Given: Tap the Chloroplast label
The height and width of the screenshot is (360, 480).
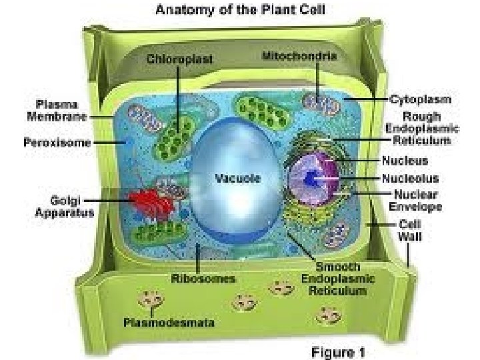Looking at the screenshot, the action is (180, 59).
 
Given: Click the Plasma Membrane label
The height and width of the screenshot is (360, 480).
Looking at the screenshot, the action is (57, 110).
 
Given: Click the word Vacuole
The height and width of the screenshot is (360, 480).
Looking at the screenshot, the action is (237, 178).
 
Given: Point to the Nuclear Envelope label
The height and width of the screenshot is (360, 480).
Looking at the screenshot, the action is (415, 200).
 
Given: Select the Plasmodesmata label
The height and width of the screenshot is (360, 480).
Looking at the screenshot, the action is (169, 323).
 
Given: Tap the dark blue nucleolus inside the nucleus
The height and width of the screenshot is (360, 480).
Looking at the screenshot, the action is (312, 179).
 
